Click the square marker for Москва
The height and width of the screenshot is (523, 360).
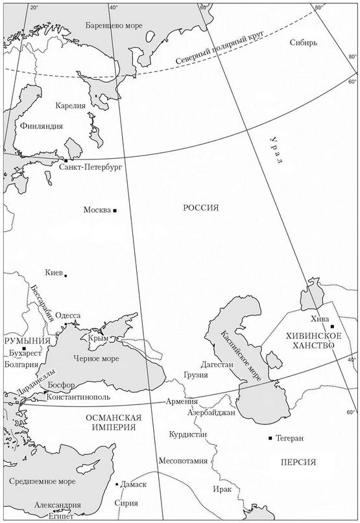(x=115, y=211)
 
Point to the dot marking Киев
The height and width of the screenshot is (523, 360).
(x=66, y=275)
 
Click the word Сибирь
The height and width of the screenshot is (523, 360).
(x=304, y=43)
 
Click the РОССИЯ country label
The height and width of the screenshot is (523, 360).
(x=200, y=207)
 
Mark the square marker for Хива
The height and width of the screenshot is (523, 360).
(x=331, y=327)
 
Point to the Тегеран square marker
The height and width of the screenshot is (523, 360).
(x=270, y=439)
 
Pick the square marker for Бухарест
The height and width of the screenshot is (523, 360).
(x=24, y=349)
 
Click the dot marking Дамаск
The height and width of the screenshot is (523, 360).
(x=117, y=484)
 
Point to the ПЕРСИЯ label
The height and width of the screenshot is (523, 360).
(x=299, y=462)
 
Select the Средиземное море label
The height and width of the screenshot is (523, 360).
(x=42, y=482)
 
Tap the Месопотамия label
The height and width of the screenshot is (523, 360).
(x=183, y=461)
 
